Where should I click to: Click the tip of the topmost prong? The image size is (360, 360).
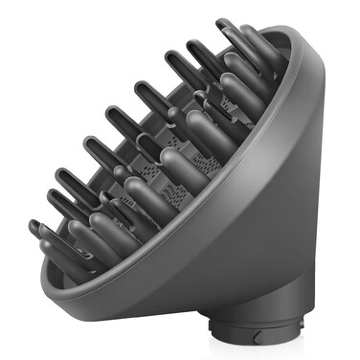tap(222, 23)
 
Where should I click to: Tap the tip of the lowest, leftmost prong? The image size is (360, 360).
tap(34, 227)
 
